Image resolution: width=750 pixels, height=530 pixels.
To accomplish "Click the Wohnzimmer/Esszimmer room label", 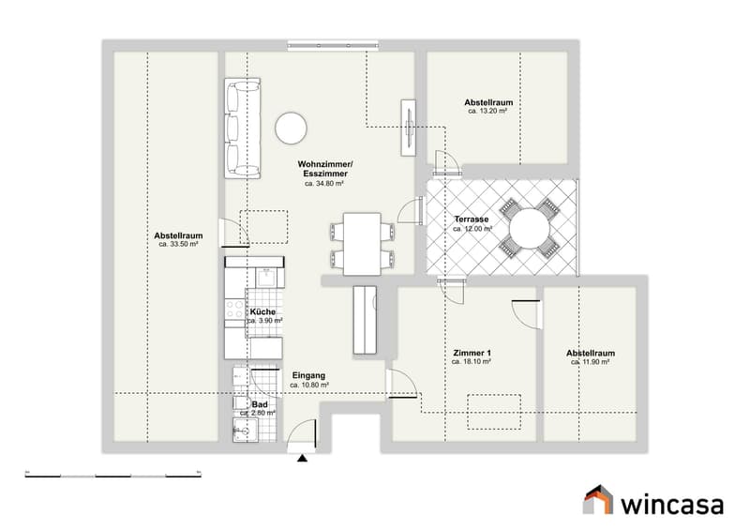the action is click(x=325, y=169).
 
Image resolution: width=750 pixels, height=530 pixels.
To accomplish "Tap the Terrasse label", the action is click(x=472, y=220).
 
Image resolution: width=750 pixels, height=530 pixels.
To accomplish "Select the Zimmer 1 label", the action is click(x=472, y=354).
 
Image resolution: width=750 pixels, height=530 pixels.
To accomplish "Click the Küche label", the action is click(x=262, y=311).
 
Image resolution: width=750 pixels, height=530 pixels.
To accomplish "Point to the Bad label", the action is click(x=260, y=404).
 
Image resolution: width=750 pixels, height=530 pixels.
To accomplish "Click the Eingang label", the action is click(x=308, y=376).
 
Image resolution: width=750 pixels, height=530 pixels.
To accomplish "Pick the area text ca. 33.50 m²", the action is click(x=178, y=244).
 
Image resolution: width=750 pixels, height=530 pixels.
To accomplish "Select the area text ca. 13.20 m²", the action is click(x=487, y=111).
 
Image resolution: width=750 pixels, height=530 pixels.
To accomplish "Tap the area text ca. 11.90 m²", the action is click(x=591, y=362).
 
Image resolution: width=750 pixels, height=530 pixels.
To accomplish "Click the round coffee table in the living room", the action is click(x=291, y=128).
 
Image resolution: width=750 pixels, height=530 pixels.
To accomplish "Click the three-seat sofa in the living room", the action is click(x=243, y=129).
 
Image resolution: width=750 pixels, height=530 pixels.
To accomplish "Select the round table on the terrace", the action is click(x=529, y=228).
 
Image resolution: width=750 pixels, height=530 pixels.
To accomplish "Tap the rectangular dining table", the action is click(x=362, y=244).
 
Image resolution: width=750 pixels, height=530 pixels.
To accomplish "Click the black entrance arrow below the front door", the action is click(x=302, y=458).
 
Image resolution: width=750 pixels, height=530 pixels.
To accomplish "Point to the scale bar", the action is click(x=112, y=475).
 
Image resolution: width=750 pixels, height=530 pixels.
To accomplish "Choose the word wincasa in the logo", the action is click(x=672, y=505).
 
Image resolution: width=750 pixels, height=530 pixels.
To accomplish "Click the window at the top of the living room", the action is click(x=334, y=45).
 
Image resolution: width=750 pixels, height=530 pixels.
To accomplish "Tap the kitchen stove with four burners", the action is click(x=235, y=310).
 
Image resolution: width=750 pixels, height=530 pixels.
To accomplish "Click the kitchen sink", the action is click(x=266, y=278).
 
